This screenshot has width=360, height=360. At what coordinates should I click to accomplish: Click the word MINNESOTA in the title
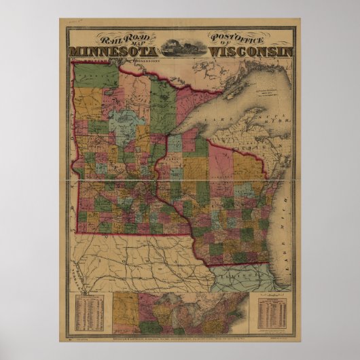pyautogui.click(x=113, y=52)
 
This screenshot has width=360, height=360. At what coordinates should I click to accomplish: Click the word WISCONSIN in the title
pyautogui.click(x=251, y=52)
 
